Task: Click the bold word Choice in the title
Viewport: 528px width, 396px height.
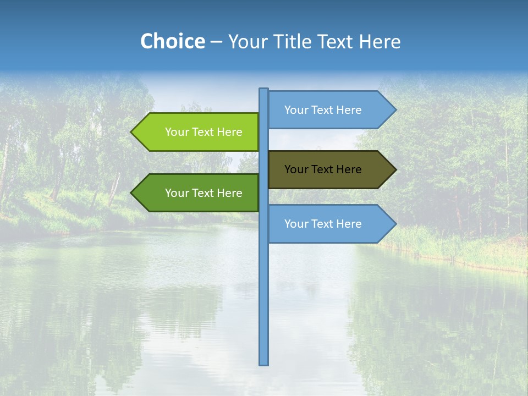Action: pyautogui.click(x=172, y=41)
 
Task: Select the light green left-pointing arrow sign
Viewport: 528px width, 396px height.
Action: pyautogui.click(x=198, y=132)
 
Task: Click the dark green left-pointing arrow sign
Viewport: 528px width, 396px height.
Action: pyautogui.click(x=198, y=193)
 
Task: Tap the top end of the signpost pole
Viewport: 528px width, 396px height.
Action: pyautogui.click(x=264, y=90)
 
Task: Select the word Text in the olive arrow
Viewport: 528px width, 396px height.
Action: pyautogui.click(x=323, y=169)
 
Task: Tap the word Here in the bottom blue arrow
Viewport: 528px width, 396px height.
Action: pyautogui.click(x=349, y=224)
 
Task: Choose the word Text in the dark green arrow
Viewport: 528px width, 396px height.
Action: pyautogui.click(x=204, y=193)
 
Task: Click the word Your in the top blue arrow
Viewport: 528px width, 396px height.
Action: pyautogui.click(x=296, y=110)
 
